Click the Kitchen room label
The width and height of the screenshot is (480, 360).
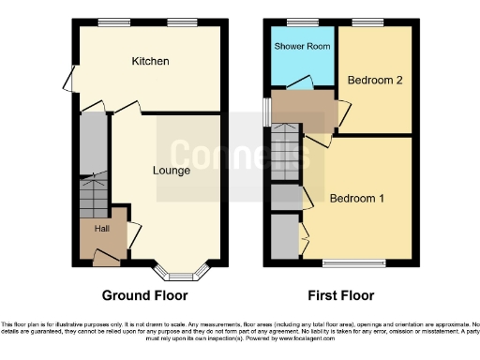point(150,61)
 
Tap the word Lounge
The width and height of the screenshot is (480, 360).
point(172,171)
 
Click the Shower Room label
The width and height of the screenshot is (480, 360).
point(299,46)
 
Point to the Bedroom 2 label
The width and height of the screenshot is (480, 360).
point(375,81)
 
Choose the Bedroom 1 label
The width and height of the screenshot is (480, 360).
point(357,198)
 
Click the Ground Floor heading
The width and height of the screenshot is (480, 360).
point(144,295)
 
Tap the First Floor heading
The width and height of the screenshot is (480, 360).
point(335,295)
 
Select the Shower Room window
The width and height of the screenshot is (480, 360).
point(300,22)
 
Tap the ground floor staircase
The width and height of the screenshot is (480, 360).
point(94,198)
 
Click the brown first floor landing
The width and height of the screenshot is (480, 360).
point(305,111)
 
